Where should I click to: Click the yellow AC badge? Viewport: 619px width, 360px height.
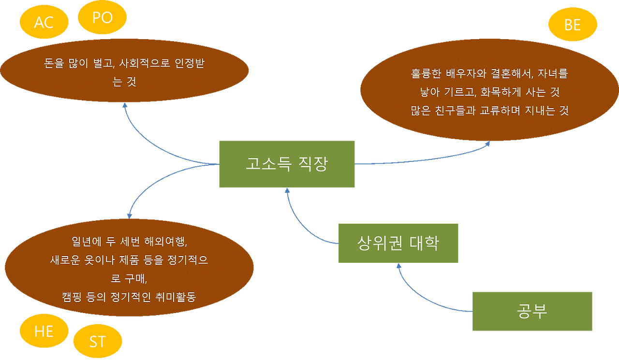[44, 22]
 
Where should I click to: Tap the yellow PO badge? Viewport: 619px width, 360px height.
[102, 17]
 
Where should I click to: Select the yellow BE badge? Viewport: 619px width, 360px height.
[573, 25]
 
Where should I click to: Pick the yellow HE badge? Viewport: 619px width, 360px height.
[44, 331]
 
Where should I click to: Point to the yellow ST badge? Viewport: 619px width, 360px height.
[97, 342]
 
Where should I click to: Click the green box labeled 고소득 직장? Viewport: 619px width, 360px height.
[287, 164]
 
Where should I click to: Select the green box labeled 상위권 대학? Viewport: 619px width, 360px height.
[398, 243]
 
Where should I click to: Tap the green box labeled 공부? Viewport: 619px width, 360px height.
[532, 311]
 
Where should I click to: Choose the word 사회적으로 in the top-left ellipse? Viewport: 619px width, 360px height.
[142, 63]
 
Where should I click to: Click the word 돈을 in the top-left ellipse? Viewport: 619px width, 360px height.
[52, 63]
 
